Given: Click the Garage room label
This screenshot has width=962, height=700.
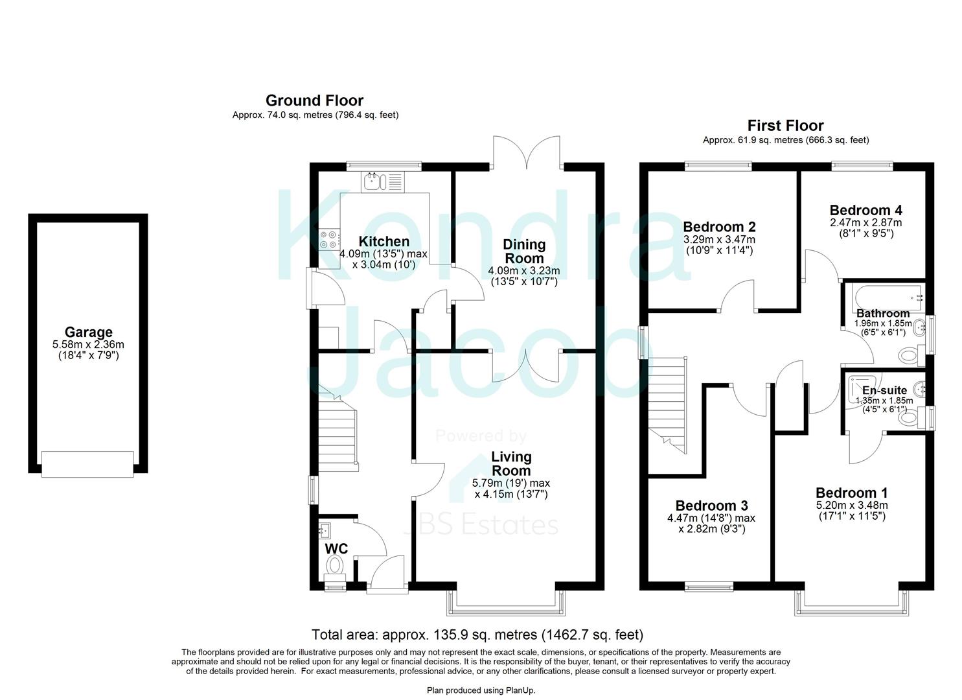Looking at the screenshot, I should (x=88, y=333).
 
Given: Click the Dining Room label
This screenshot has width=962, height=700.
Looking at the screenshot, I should (x=524, y=251).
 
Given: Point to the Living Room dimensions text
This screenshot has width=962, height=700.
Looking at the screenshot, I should (x=511, y=489).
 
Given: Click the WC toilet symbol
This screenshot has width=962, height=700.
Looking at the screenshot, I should (x=335, y=566).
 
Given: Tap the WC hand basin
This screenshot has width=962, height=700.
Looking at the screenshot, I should (x=325, y=531).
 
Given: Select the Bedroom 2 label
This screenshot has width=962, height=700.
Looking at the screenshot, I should (x=719, y=227).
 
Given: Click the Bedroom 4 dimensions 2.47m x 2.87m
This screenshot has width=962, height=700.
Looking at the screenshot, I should (x=865, y=222).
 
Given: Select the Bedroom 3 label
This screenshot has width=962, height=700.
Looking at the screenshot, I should (x=711, y=506).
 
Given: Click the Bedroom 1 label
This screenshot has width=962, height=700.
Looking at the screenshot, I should (x=851, y=493).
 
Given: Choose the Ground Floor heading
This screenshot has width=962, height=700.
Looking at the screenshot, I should (x=314, y=100).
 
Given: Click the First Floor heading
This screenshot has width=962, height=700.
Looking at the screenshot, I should (x=785, y=126).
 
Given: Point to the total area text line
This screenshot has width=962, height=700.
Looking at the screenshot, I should (x=477, y=635).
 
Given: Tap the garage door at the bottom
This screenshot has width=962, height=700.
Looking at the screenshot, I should (x=87, y=464).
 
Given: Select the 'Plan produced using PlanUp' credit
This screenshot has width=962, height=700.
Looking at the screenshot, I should (x=481, y=690).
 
